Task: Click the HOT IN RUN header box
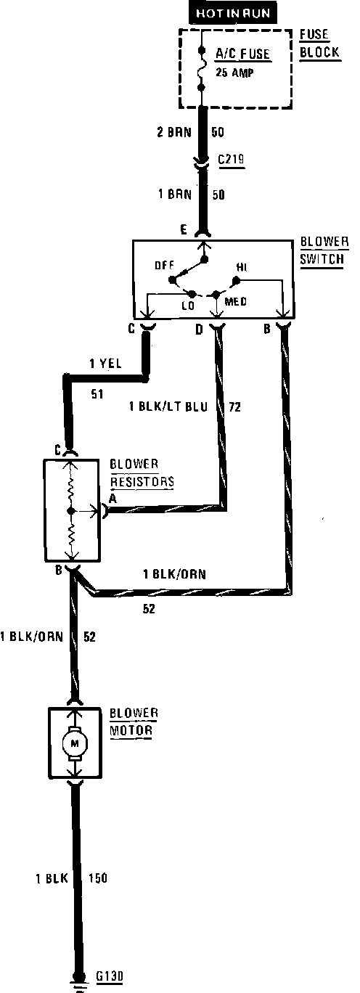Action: coord(233,13)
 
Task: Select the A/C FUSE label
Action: coord(242,54)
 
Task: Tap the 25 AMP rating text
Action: coord(235,73)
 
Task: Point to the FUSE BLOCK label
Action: coord(319,44)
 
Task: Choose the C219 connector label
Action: coord(231,159)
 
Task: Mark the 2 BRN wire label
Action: coord(173,132)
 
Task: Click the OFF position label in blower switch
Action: coord(163,265)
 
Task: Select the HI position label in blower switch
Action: coord(242,267)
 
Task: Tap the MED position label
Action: coord(235,301)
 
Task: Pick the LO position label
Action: coord(188,306)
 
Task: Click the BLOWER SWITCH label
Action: coord(324,250)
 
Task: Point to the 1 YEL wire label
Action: coord(105,364)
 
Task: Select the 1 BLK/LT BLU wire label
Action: coord(168,406)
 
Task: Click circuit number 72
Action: coord(234,406)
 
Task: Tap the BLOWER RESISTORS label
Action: coord(142,473)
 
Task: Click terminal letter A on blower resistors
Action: coord(112,499)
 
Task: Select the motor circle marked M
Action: coord(75,743)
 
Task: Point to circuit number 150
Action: coord(98,878)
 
